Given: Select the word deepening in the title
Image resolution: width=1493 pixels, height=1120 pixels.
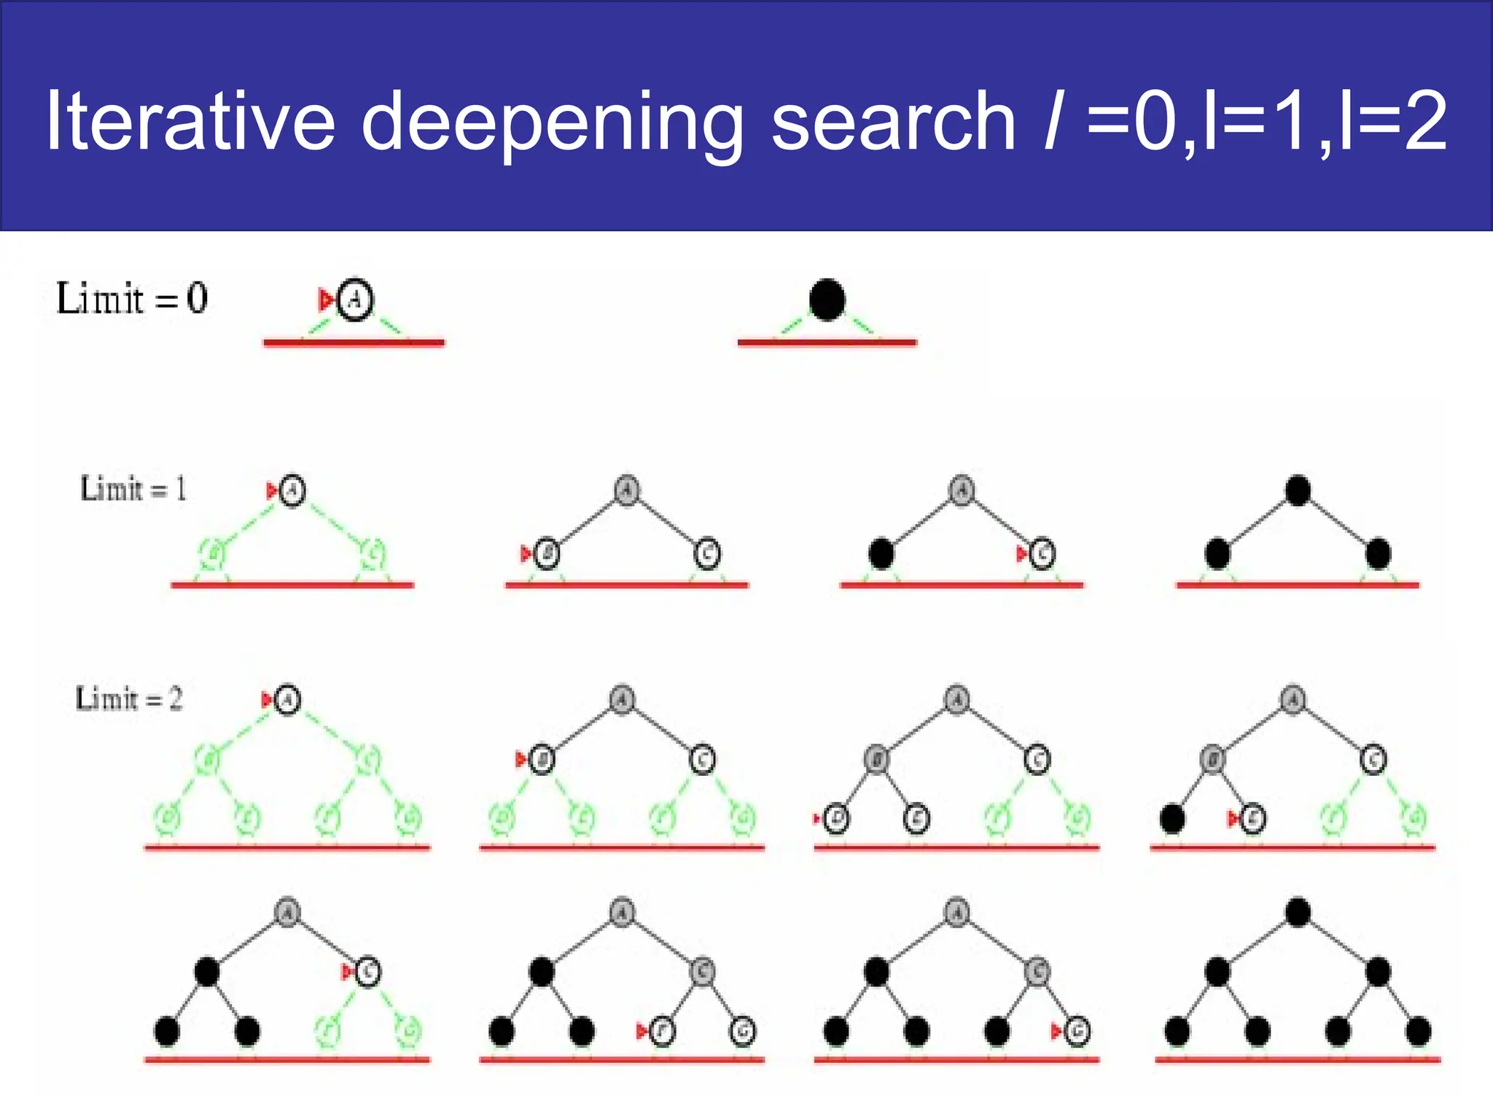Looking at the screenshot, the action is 552,122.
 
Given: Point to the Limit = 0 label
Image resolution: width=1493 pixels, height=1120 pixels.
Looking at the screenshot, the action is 132,298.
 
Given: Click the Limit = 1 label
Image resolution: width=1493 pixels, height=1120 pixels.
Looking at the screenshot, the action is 133,489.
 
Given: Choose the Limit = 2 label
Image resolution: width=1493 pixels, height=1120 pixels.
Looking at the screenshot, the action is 129,699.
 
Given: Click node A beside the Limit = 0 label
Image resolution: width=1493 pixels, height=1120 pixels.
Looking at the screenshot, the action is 355,299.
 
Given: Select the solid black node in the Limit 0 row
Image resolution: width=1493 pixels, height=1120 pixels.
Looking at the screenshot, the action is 827,300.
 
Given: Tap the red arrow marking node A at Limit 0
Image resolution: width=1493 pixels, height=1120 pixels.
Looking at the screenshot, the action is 325,299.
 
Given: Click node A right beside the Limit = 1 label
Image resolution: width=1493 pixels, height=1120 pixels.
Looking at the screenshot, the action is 292,490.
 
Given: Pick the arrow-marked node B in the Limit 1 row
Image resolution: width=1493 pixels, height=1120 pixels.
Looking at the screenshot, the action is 547,554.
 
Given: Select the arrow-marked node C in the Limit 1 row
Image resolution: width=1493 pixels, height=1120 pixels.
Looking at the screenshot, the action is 1042,554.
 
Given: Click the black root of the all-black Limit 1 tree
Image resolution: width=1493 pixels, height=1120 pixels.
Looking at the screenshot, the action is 1298,490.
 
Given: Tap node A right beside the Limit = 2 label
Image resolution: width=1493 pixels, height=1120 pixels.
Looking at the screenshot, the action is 287,700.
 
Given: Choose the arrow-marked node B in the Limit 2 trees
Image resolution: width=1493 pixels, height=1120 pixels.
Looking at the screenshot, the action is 542,760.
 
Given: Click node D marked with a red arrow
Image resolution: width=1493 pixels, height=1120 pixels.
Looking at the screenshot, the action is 836,819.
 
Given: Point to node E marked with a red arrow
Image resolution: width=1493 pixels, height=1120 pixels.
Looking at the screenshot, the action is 1252,819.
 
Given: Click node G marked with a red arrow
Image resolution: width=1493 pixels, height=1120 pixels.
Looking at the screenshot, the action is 1077,1031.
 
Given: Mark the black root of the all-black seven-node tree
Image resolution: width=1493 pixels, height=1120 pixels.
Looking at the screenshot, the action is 1298,912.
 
